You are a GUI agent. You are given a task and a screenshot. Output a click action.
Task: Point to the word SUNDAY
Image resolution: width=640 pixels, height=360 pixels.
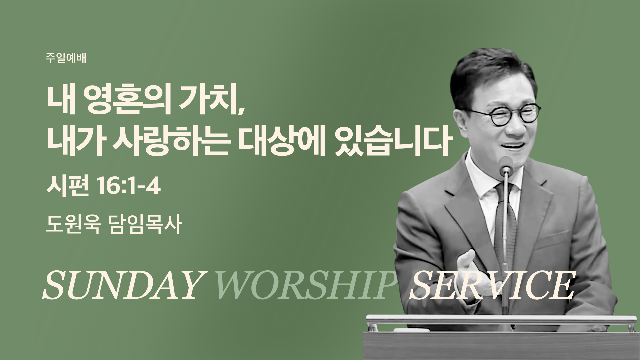[x=123, y=285]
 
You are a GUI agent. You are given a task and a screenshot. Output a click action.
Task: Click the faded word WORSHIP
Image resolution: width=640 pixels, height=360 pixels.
[x=303, y=285]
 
